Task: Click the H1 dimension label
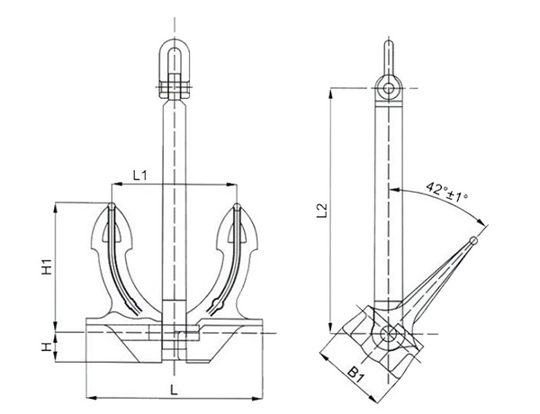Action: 46,266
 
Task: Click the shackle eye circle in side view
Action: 387,87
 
